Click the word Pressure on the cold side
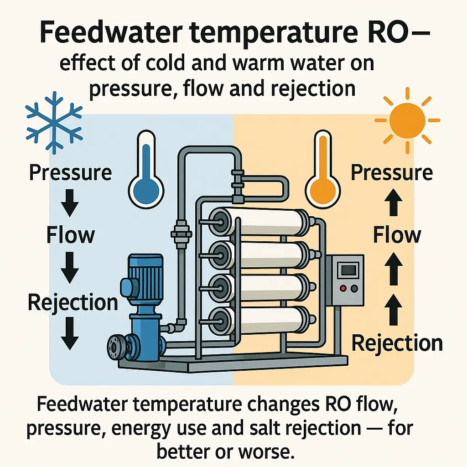click(70, 173)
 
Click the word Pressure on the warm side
click(392, 173)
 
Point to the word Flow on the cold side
click(70, 235)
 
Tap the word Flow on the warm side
click(397, 235)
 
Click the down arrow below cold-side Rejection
click(70, 334)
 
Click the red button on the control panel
click(342, 289)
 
